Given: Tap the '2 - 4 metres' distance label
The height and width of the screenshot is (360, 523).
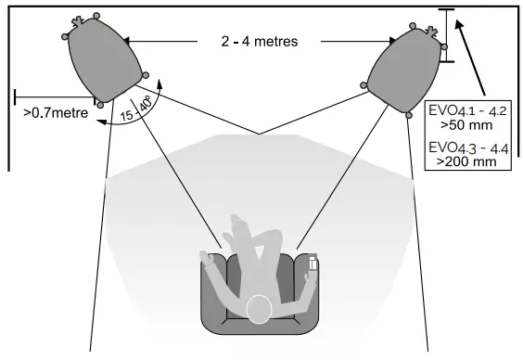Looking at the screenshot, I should click(x=260, y=42).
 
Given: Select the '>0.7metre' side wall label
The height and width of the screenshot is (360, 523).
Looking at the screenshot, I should click(x=55, y=113).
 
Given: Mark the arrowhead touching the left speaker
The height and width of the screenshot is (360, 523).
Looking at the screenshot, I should click(x=126, y=41).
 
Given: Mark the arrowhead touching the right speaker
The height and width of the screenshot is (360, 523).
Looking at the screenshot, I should click(x=393, y=41).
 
